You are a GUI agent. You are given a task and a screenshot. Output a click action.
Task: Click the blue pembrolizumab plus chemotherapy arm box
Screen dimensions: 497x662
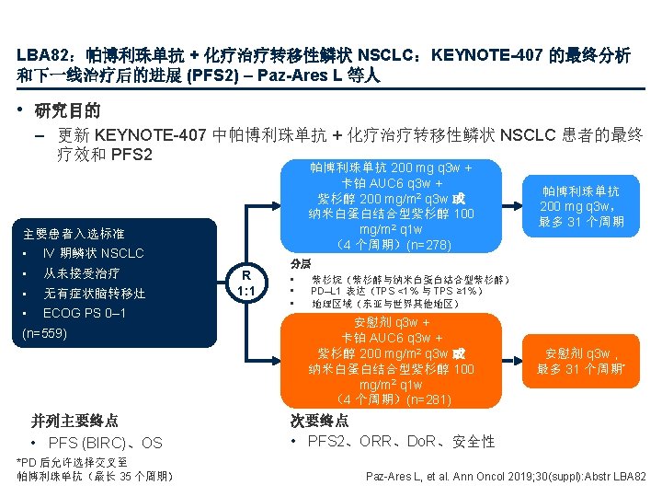(392, 207)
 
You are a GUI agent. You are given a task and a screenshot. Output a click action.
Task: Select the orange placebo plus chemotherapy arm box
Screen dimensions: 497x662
(392, 361)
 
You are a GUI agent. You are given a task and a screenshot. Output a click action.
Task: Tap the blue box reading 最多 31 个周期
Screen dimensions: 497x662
(580, 207)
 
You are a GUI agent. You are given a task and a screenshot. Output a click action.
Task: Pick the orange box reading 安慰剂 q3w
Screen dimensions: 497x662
(580, 361)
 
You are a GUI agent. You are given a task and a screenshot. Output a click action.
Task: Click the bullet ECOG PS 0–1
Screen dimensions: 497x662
(85, 313)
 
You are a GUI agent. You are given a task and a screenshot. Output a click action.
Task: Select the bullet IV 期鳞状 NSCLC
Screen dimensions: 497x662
(93, 252)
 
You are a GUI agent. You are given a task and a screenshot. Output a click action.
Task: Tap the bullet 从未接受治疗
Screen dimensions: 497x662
(82, 273)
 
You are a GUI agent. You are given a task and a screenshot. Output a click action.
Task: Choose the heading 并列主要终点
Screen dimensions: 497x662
(74, 421)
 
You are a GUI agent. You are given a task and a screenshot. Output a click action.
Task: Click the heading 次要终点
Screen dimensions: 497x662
(319, 421)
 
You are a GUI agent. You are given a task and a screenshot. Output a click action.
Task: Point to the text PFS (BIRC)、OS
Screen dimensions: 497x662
(105, 443)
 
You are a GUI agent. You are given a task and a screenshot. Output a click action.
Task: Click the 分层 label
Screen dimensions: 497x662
(301, 263)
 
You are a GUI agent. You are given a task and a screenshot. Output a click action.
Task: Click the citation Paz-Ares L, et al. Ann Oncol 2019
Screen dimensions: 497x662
(507, 476)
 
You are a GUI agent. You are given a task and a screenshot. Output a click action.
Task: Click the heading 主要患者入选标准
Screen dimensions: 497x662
(74, 233)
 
